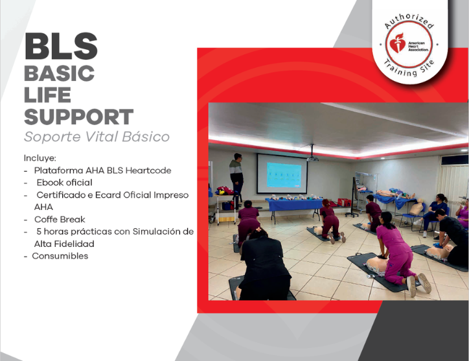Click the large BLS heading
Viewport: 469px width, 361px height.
point(61,47)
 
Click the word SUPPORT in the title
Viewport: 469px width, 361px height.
point(78,117)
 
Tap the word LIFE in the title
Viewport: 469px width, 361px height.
point(47,95)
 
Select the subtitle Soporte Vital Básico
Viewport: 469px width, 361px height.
point(97,137)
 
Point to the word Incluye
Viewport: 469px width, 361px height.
point(40,158)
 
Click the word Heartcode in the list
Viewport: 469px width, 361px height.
point(148,170)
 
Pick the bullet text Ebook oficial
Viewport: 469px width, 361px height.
point(64,183)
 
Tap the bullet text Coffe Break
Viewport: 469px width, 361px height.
point(60,220)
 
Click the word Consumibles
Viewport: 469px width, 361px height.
point(60,256)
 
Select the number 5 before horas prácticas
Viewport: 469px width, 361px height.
point(39,231)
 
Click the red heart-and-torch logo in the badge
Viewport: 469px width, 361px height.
point(397,43)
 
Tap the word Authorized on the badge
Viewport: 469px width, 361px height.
point(409,20)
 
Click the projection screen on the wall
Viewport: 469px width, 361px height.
point(282,173)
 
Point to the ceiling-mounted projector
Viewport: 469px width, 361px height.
point(313,156)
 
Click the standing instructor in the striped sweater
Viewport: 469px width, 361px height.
point(236,179)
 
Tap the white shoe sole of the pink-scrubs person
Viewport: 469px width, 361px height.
point(426,283)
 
